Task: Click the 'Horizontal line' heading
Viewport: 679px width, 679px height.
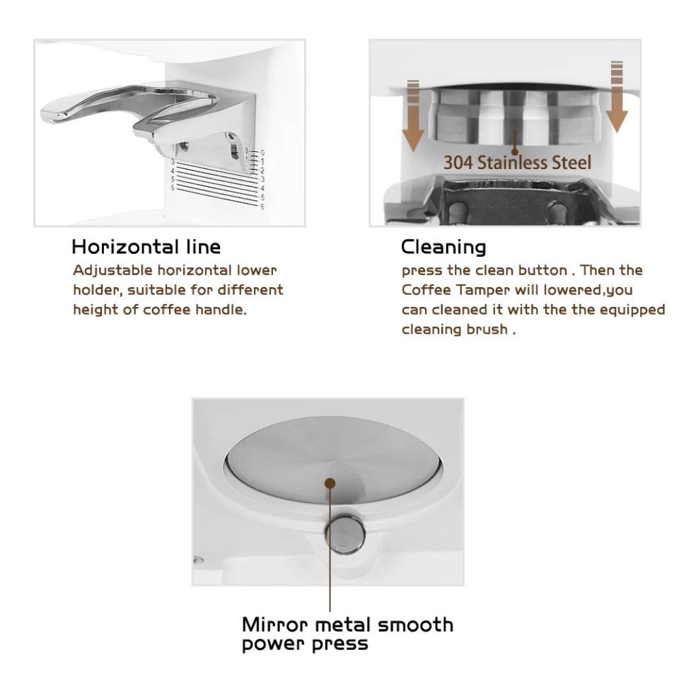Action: click(146, 247)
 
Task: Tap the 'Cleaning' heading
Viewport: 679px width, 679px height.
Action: click(443, 248)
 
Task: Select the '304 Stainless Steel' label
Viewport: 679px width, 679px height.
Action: click(517, 163)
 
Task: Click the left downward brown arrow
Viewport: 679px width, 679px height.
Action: click(413, 115)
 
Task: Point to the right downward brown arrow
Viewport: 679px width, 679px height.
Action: click(616, 97)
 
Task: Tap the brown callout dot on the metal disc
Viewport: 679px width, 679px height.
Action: click(330, 483)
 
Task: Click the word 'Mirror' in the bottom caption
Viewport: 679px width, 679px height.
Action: click(274, 625)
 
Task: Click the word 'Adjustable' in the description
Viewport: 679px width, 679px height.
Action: click(112, 271)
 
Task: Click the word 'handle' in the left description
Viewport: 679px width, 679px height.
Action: click(221, 310)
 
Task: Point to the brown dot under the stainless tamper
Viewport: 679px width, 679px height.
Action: click(514, 151)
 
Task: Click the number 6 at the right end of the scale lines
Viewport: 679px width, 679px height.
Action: click(262, 207)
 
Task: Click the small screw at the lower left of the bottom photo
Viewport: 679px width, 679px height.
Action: click(198, 560)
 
